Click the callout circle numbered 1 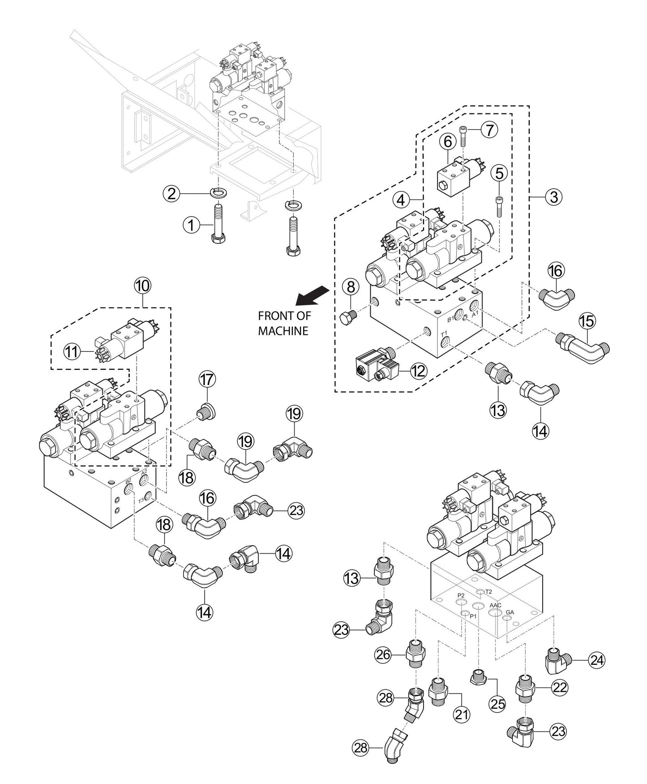coord(191,225)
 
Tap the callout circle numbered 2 coord(171,194)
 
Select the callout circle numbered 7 coord(489,130)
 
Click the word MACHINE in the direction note coord(283,331)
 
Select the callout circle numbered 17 coord(207,380)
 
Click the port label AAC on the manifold coord(495,605)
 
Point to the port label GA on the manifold coord(510,612)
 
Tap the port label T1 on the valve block coord(444,334)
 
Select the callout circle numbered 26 coord(383,655)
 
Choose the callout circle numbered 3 coord(554,196)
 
